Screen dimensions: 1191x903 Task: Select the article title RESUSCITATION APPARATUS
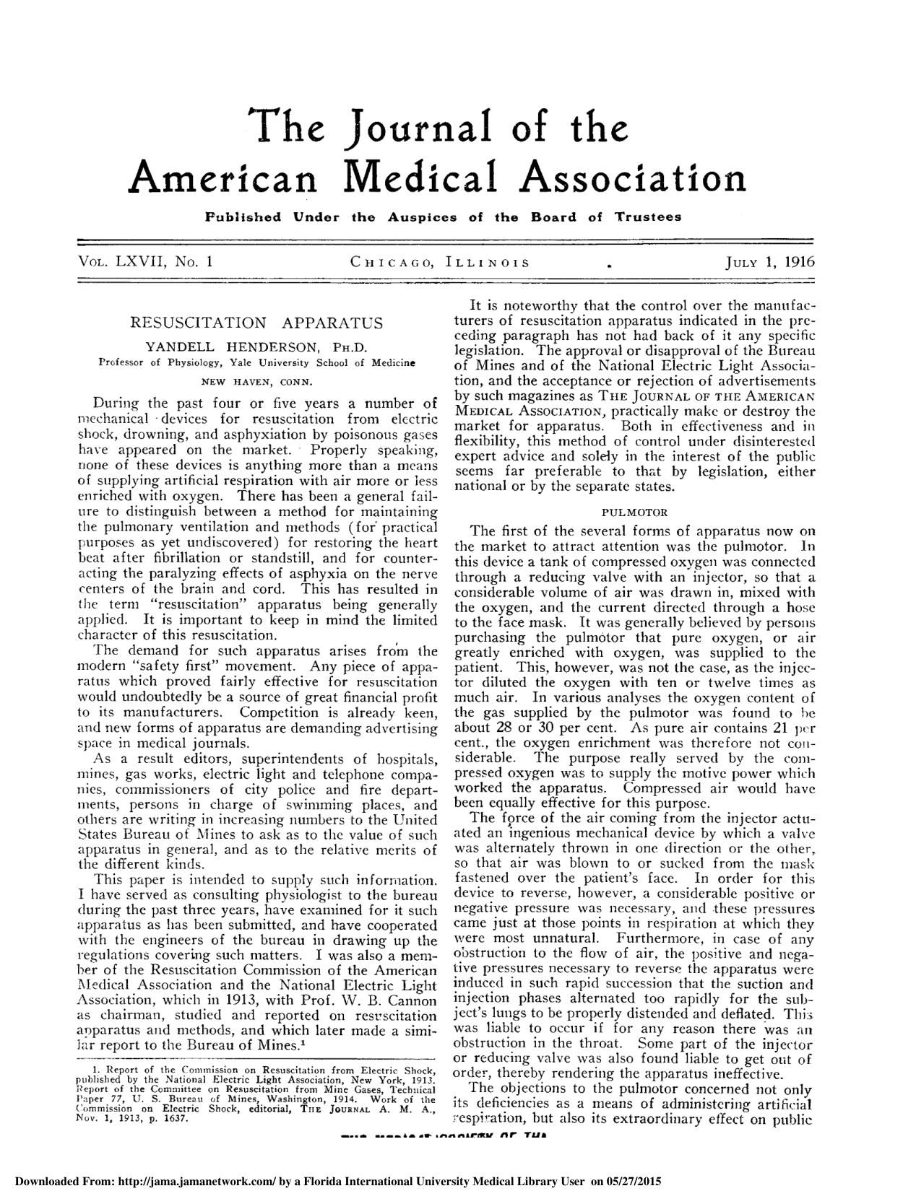(x=256, y=323)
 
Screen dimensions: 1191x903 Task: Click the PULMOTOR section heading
(x=634, y=512)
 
